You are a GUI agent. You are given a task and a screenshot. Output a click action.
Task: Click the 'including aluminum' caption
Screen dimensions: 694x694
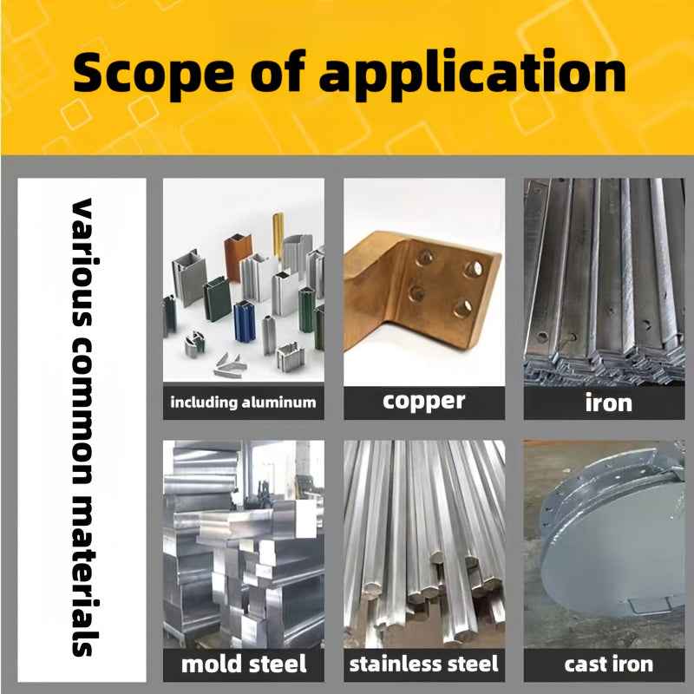243,403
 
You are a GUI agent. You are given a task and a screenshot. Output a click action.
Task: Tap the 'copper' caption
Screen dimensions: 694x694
423,402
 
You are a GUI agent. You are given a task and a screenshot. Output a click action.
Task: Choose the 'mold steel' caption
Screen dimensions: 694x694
243,665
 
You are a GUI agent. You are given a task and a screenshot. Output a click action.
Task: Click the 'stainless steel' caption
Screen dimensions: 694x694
423,665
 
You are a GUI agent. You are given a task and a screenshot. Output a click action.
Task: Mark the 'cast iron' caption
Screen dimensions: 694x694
608,665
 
